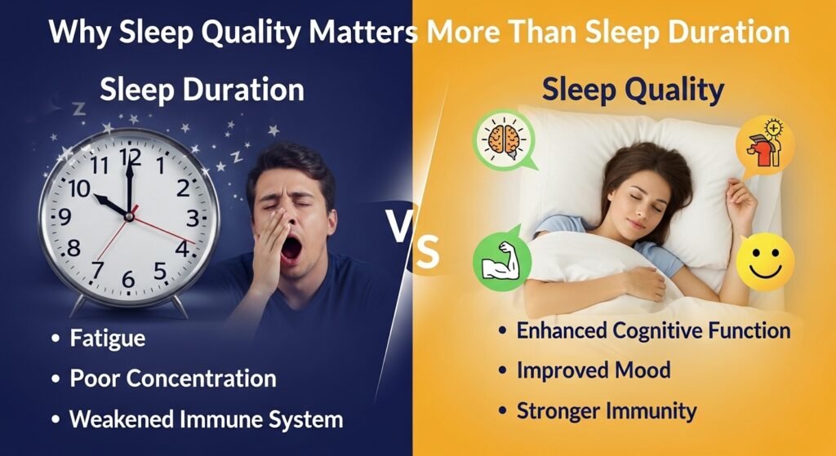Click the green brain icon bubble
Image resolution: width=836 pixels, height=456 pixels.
(502, 139)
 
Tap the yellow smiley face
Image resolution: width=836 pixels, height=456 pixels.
(764, 264)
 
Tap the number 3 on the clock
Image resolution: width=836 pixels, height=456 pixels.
(193, 219)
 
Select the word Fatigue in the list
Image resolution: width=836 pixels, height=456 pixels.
(108, 338)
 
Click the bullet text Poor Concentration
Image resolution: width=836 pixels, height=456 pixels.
(172, 379)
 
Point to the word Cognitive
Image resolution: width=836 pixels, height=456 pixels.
(658, 330)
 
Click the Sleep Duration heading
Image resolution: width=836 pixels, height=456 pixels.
(202, 90)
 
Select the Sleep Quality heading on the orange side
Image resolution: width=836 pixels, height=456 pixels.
(633, 90)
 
